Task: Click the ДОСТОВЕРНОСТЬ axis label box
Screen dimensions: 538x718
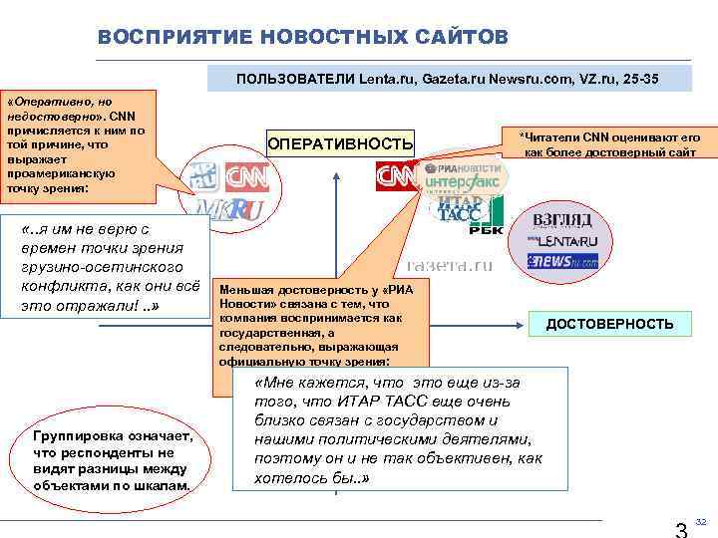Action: point(608,324)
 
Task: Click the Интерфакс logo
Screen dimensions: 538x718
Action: point(463,184)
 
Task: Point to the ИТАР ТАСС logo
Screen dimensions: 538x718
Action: point(459,209)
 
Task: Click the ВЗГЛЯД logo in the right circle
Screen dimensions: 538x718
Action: point(562,220)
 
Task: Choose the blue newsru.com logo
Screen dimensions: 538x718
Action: point(562,261)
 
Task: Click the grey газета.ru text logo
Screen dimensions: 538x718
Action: point(450,266)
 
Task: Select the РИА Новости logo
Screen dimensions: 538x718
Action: point(463,167)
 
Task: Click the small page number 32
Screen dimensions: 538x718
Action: point(701,521)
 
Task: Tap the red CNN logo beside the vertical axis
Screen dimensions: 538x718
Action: point(396,177)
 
